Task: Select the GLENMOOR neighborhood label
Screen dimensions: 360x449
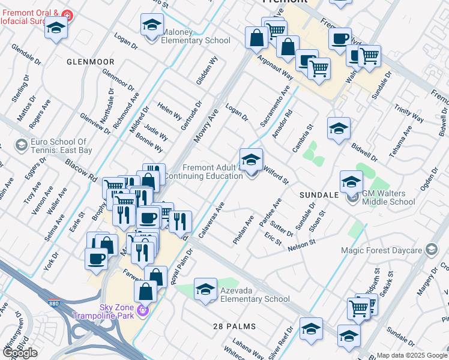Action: (x=90, y=62)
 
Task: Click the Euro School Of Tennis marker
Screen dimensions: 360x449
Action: (x=21, y=145)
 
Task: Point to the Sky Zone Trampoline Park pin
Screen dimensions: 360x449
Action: (x=143, y=310)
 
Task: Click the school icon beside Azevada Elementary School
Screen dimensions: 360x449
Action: (x=205, y=290)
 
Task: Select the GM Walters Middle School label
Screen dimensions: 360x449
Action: (x=388, y=197)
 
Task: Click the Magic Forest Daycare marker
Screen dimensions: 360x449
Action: (x=431, y=249)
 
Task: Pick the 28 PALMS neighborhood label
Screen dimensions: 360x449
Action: (x=235, y=326)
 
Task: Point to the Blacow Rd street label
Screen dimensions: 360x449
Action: (x=81, y=170)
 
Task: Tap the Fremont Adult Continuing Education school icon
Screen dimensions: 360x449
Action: (x=251, y=160)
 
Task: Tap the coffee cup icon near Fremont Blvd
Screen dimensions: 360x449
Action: (x=340, y=39)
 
